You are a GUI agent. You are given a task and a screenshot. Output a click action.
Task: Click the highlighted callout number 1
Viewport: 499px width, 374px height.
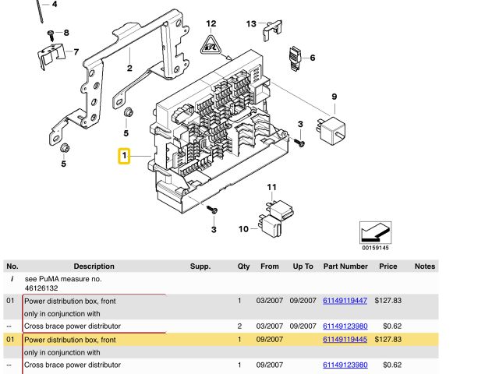click(x=123, y=157)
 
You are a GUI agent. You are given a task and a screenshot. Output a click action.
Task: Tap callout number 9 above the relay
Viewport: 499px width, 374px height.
click(x=334, y=97)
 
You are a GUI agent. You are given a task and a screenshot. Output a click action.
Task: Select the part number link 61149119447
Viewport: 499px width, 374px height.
click(x=345, y=300)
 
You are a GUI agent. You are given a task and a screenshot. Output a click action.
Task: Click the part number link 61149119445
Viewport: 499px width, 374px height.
click(x=345, y=340)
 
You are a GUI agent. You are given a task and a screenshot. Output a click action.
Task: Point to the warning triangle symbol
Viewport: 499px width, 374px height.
click(x=210, y=44)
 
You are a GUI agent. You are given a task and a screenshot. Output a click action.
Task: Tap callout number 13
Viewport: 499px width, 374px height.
click(x=251, y=24)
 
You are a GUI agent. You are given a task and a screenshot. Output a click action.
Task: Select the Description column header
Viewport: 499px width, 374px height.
click(x=94, y=266)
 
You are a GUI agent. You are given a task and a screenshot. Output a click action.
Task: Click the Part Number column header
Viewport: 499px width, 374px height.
click(x=345, y=266)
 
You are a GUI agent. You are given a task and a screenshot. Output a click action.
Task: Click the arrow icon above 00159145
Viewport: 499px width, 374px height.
click(x=375, y=231)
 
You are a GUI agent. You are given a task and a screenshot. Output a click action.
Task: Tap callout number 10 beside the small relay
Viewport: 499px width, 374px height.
click(x=243, y=229)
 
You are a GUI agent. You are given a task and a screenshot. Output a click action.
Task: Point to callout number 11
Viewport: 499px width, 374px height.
click(x=271, y=188)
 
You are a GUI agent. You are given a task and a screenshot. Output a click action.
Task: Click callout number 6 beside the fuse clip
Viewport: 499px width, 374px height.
click(x=312, y=58)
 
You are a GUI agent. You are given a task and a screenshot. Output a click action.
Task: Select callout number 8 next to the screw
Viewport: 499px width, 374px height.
click(x=66, y=33)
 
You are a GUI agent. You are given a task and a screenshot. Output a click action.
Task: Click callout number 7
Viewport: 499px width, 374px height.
click(x=76, y=52)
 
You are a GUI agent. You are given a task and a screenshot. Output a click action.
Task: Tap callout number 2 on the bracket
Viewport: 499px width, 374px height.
click(x=129, y=67)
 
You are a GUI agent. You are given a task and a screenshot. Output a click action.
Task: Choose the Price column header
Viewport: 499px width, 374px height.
click(x=388, y=266)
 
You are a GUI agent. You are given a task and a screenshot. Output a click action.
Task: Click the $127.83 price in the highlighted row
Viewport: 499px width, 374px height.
click(x=388, y=340)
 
